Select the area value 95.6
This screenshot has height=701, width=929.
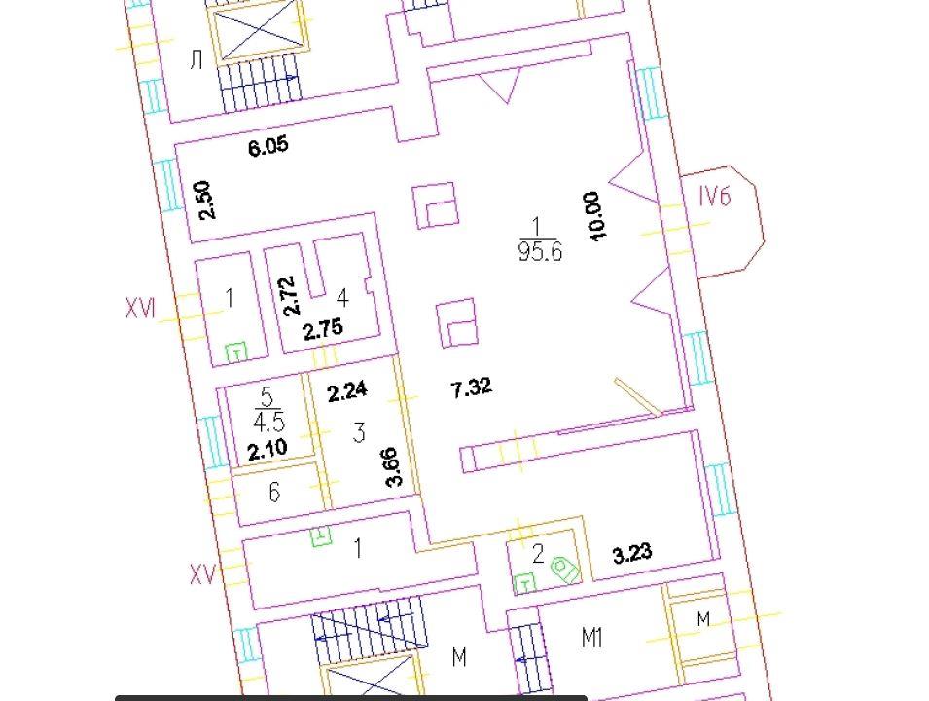(x=539, y=252)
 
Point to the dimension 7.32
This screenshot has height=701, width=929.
(x=471, y=388)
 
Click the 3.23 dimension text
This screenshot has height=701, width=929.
(x=632, y=554)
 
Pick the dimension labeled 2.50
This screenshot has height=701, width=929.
(x=204, y=201)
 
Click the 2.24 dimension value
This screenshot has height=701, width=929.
(x=347, y=392)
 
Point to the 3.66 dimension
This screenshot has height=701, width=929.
(x=393, y=466)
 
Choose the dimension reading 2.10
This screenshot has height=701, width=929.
(x=268, y=450)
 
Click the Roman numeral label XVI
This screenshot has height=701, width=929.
(x=140, y=309)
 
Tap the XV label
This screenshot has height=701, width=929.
(x=202, y=574)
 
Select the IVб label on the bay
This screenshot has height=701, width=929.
(x=715, y=197)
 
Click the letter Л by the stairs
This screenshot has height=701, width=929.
(x=197, y=60)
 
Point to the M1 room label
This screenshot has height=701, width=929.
(x=591, y=638)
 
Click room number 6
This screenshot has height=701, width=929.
(x=274, y=493)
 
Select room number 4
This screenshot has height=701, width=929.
(x=342, y=297)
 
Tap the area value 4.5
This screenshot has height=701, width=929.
(x=269, y=422)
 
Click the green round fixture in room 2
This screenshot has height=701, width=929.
(x=565, y=570)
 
